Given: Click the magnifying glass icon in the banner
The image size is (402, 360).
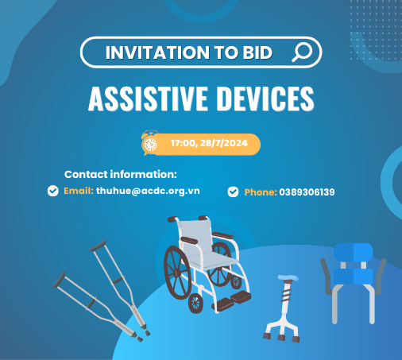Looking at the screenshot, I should tap(302, 53).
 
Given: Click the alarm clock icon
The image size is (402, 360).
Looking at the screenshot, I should tap(149, 142).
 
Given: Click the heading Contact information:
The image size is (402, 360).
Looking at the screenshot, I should tap(121, 174).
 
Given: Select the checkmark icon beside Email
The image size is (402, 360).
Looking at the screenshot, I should tap(53, 191).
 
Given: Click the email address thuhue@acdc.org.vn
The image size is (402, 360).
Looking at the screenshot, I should tap(149, 192).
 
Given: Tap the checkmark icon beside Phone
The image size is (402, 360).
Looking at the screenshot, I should tap(233, 192).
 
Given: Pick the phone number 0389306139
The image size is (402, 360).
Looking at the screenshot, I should tap(307, 192).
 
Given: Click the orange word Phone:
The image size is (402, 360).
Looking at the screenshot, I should tap(260, 192).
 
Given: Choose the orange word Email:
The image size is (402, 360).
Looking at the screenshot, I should tap(79, 192).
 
